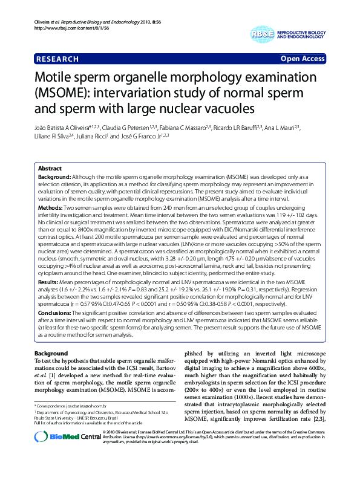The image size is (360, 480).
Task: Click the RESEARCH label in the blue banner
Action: [x=57, y=59]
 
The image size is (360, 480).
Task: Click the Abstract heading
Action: [x=50, y=168]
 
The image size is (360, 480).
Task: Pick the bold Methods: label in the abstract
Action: [x=51, y=207]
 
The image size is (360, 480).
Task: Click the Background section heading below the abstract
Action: [x=51, y=353]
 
